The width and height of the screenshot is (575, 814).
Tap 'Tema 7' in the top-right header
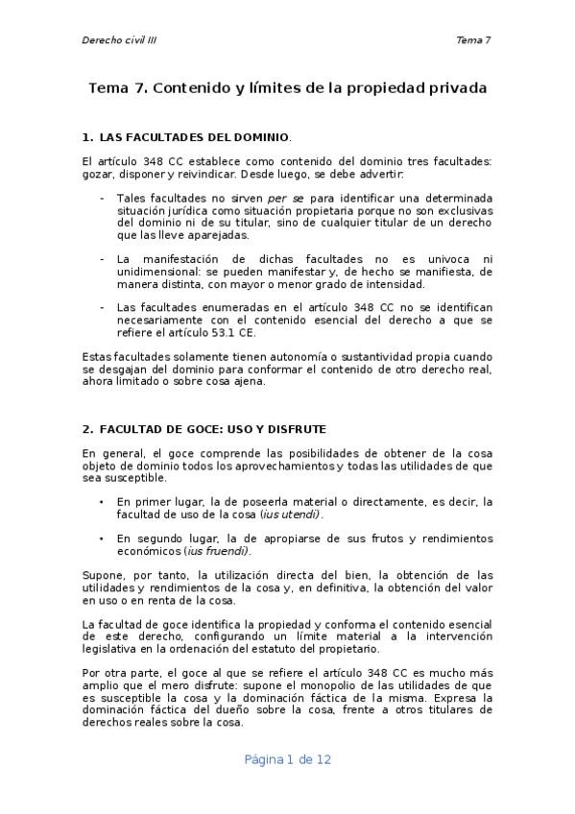pos(473,40)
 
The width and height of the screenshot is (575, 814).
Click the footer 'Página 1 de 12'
pos(287,758)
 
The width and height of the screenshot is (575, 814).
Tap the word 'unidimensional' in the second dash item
pos(158,272)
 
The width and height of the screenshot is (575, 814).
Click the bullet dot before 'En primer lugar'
pos(103,502)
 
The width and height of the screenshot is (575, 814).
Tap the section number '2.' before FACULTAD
pos(87,427)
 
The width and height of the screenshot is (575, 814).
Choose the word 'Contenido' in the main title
pos(189,88)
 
